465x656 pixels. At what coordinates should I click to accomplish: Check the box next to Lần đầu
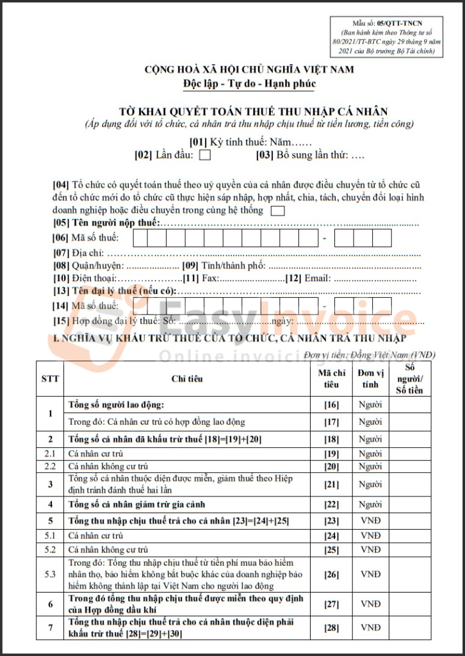[x=205, y=154]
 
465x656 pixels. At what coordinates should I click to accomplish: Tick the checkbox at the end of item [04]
[x=278, y=210]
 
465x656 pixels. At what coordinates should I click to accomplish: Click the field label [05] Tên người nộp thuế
[x=106, y=223]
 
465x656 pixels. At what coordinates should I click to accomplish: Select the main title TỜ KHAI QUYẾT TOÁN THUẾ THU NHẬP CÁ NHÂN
[x=253, y=111]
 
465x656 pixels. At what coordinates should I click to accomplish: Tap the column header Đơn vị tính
[x=370, y=379]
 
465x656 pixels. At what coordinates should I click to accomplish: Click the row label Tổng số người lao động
[x=116, y=404]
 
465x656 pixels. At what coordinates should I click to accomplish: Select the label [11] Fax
[x=200, y=278]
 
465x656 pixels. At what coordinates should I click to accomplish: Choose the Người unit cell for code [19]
[x=370, y=453]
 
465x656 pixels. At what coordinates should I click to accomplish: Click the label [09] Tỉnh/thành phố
[x=224, y=265]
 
